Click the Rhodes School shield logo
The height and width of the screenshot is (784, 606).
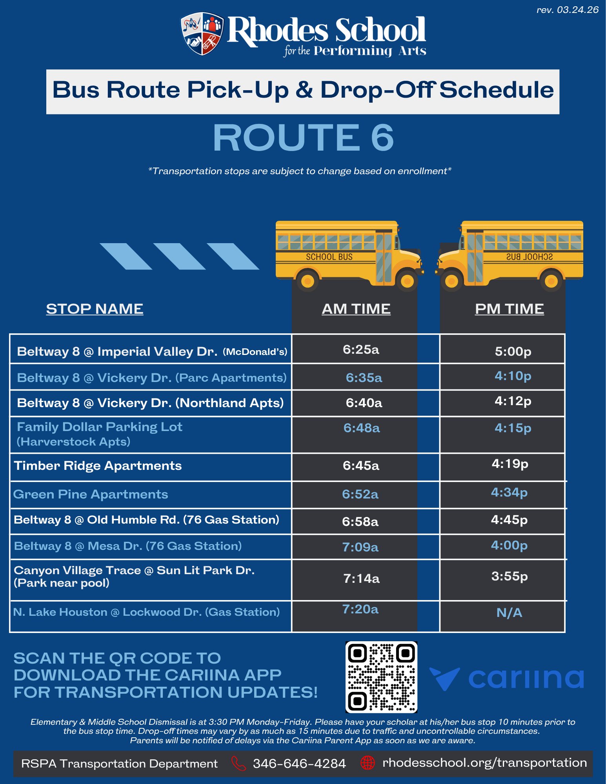[x=202, y=34]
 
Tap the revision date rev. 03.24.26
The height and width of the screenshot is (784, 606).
[x=567, y=10]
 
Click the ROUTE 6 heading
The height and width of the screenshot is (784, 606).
[x=303, y=137]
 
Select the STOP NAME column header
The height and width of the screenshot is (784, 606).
[x=95, y=309]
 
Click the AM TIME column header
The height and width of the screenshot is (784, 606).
[x=356, y=309]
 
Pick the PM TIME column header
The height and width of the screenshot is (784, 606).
[x=509, y=309]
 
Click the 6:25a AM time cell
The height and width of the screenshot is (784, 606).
[x=361, y=349]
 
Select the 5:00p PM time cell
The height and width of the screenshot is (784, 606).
[x=513, y=351]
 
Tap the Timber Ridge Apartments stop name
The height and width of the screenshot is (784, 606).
[x=98, y=466]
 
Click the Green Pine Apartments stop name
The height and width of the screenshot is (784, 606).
[x=91, y=494]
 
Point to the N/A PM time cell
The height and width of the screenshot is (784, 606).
[x=509, y=613]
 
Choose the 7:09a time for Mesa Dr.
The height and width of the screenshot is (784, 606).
[x=360, y=547]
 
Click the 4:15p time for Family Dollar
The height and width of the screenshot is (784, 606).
[x=513, y=428]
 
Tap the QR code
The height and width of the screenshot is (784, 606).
[x=381, y=677]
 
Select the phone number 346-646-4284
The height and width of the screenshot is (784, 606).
[x=299, y=763]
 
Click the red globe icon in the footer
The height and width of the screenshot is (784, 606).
[x=368, y=763]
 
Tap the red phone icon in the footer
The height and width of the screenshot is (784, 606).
[x=238, y=763]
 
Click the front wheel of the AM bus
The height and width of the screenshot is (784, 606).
[x=407, y=281]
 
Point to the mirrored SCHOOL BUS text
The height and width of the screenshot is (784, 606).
[x=529, y=257]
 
